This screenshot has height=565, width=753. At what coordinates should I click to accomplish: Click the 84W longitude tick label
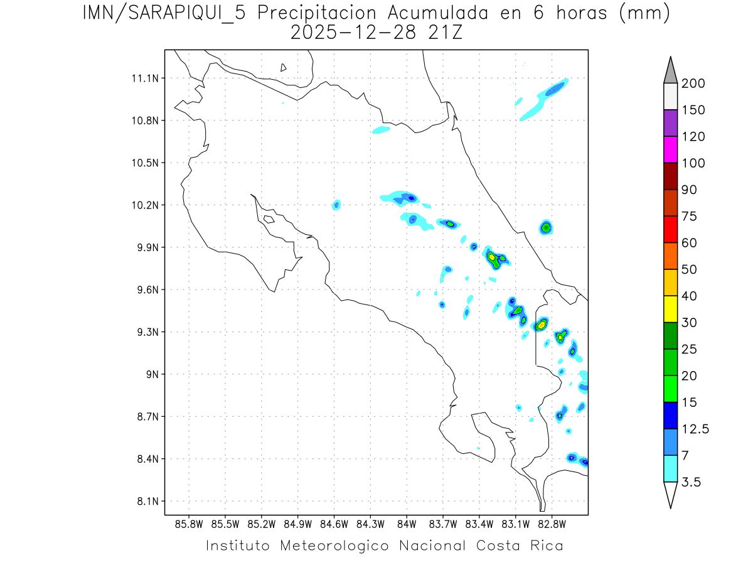point(407,524)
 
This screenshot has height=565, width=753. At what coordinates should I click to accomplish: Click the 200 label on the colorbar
point(693,83)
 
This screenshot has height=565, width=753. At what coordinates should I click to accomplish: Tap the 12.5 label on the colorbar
point(695,429)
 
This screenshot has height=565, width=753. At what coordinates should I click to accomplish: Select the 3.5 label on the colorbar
point(692,482)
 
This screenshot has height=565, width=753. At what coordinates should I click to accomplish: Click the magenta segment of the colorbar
point(670,149)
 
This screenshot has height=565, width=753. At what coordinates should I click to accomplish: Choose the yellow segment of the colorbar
point(670,309)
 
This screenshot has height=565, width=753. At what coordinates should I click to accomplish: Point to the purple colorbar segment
point(670,123)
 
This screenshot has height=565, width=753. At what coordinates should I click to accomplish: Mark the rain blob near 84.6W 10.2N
point(337,205)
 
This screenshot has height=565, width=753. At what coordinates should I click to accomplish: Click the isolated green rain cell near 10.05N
point(546,227)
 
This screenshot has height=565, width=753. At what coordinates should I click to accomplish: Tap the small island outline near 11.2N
point(284,67)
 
